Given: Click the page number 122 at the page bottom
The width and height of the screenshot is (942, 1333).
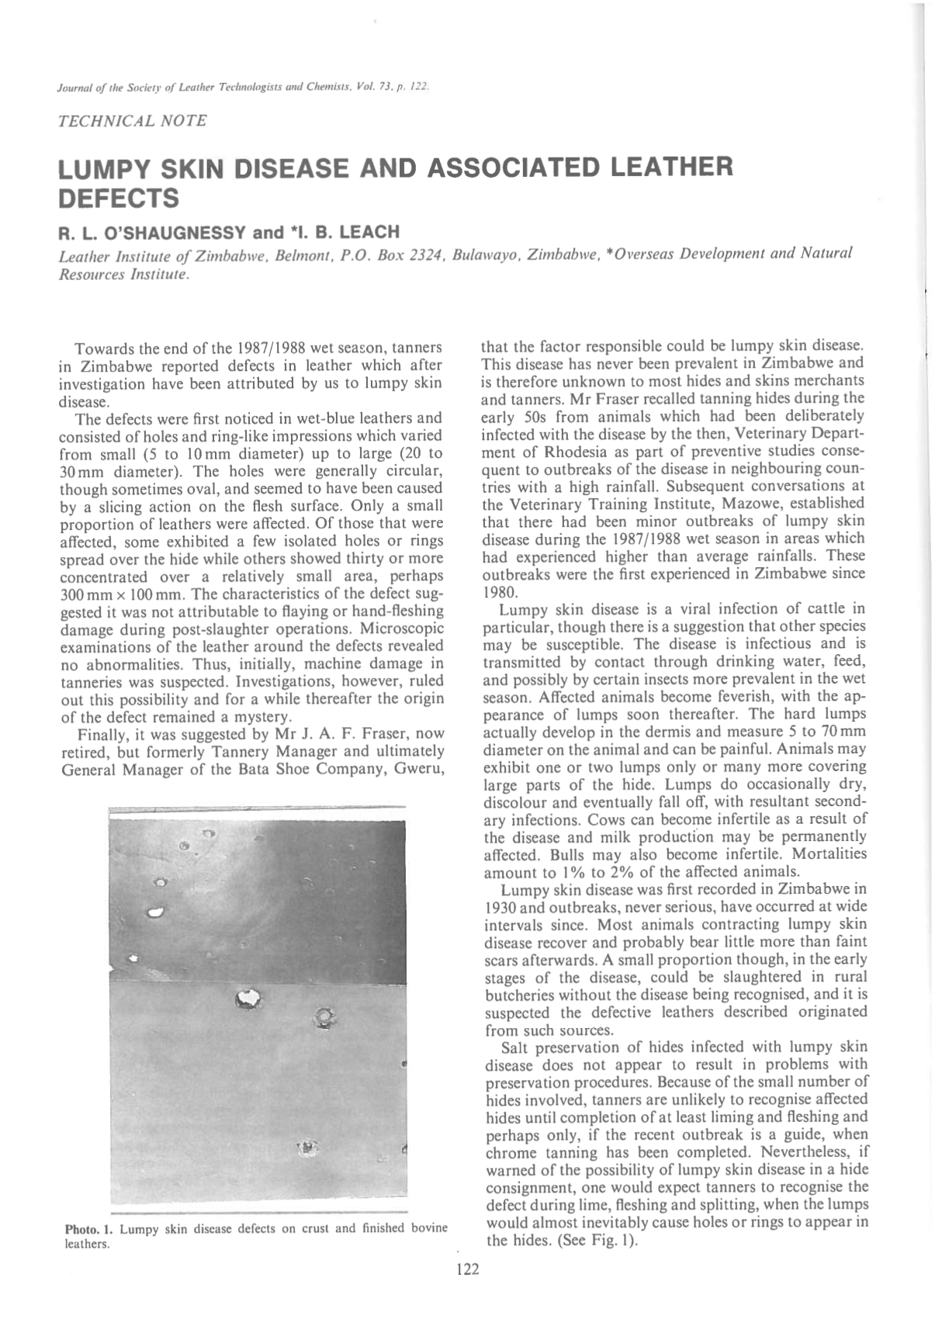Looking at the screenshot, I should pyautogui.click(x=468, y=1269).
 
